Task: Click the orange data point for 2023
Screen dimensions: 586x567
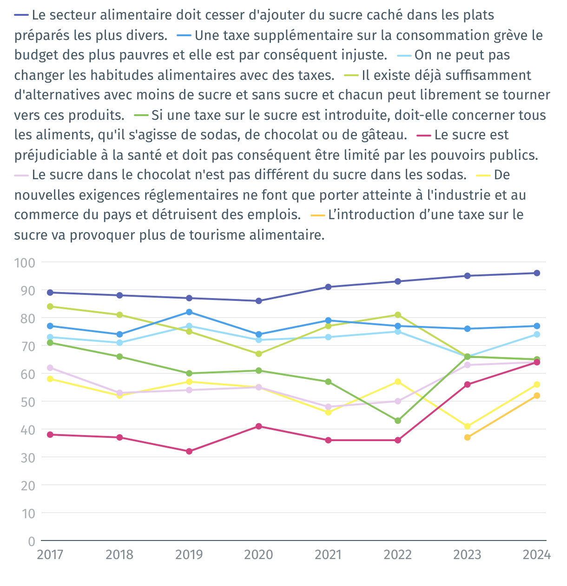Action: tap(467, 437)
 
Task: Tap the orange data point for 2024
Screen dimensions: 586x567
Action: tap(537, 396)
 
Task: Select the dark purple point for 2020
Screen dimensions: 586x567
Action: tap(258, 301)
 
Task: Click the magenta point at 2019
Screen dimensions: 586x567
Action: tap(189, 451)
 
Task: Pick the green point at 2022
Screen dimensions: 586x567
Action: tap(398, 421)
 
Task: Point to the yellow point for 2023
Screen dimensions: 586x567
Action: tap(467, 426)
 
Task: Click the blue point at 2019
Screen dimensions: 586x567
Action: tap(189, 312)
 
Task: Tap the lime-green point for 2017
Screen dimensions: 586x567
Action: tap(50, 306)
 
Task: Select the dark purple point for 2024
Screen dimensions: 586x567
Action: tap(537, 273)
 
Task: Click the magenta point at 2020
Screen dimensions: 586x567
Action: tap(258, 426)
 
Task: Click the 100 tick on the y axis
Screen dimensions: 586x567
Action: tap(25, 262)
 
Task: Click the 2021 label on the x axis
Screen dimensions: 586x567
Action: tap(328, 554)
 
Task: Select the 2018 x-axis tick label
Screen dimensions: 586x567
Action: tap(119, 554)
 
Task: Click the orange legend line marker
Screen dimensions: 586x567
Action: tap(317, 215)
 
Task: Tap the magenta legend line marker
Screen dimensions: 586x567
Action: tap(424, 135)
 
